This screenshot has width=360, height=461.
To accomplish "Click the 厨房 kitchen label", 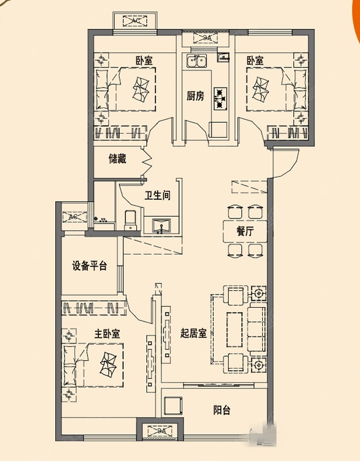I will pyautogui.click(x=195, y=96).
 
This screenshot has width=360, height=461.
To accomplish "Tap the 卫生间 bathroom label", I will pyautogui.click(x=157, y=195).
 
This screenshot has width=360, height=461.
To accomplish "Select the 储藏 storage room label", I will pyautogui.click(x=117, y=158).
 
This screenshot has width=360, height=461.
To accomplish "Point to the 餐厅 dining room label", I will pyautogui.click(x=245, y=232).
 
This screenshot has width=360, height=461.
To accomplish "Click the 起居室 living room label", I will pyautogui.click(x=193, y=333).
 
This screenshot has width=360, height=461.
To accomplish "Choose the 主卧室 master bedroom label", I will pyautogui.click(x=107, y=333).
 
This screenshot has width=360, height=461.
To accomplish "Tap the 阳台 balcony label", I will pyautogui.click(x=222, y=410).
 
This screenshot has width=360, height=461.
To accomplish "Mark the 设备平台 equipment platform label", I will pyautogui.click(x=89, y=266).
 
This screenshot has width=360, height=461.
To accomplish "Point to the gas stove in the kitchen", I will pyautogui.click(x=220, y=98).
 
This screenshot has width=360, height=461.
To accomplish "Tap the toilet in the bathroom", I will pyautogui.click(x=130, y=219).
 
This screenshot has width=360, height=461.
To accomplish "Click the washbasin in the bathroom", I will pyautogui.click(x=161, y=225).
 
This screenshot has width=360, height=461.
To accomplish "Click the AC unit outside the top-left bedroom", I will pyautogui.click(x=137, y=21).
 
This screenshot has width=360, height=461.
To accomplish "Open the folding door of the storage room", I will pyautogui.click(x=146, y=162).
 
